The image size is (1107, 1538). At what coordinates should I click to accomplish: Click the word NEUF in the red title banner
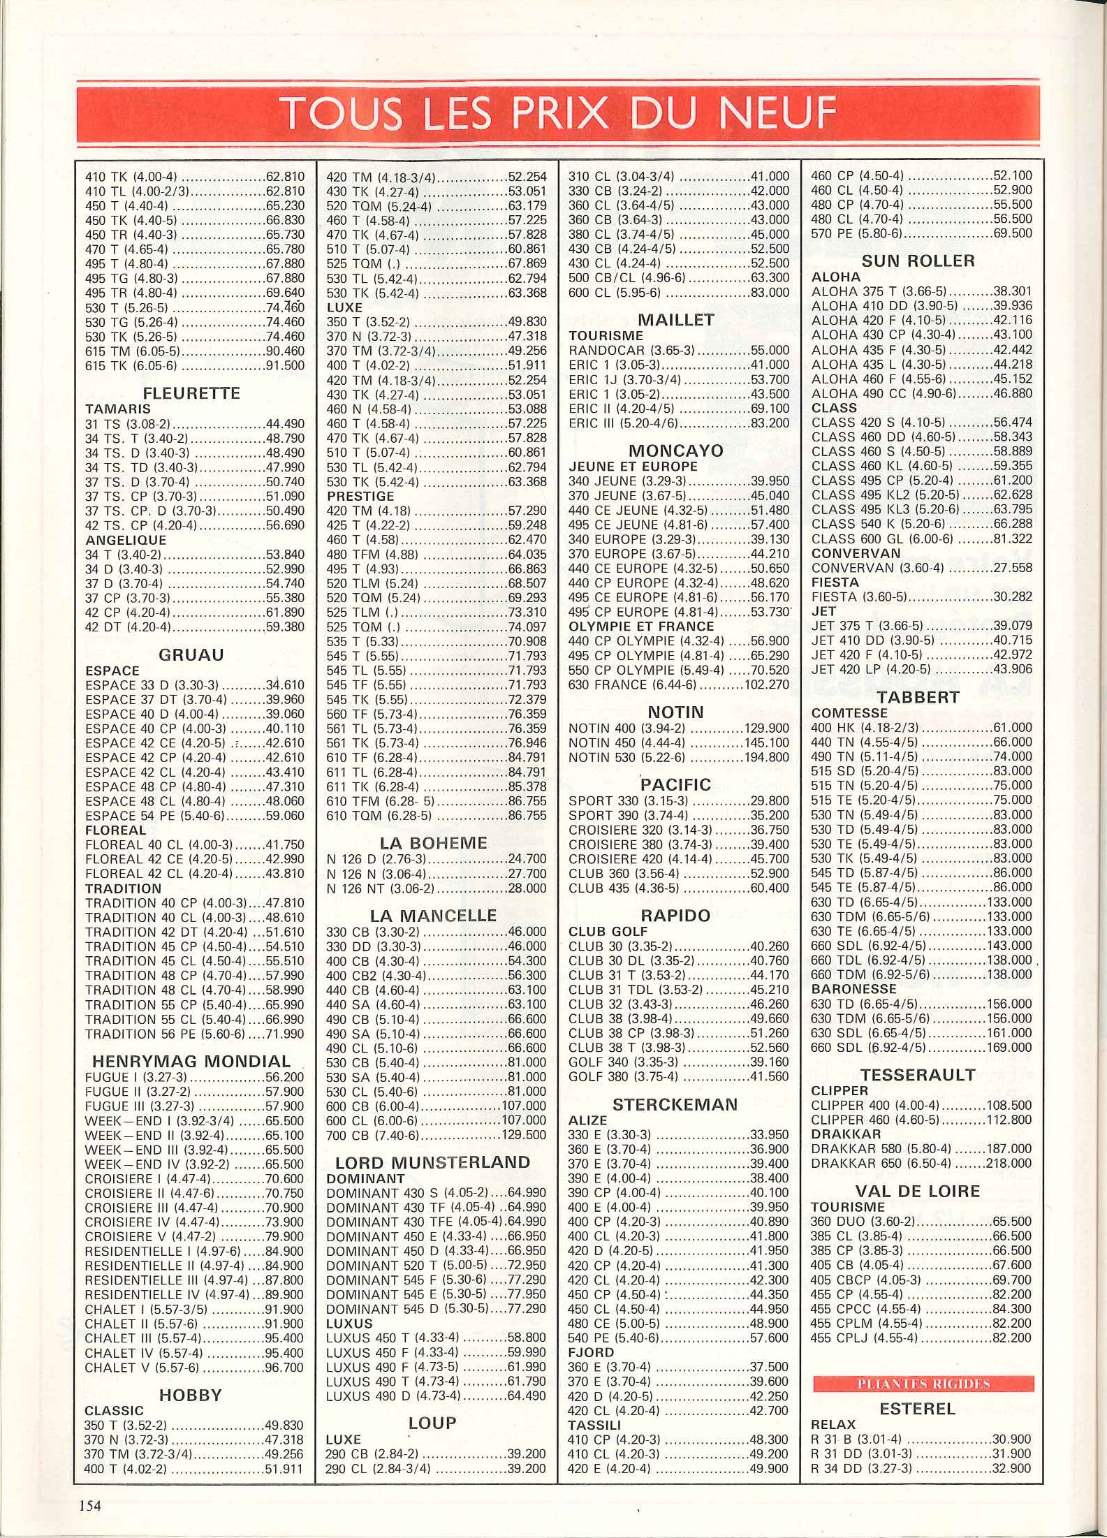776,113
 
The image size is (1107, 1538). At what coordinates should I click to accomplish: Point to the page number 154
90,1505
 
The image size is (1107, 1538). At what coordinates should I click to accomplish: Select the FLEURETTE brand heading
191,393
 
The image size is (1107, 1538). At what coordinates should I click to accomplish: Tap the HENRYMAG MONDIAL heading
191,1062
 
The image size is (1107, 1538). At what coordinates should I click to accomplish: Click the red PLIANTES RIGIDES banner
923,1384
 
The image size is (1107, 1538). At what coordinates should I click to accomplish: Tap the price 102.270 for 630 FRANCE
769,684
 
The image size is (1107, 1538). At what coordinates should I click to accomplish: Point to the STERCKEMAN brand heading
675,1104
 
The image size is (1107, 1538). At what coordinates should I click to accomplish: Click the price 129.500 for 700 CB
524,1135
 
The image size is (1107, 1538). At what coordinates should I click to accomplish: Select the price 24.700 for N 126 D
527,858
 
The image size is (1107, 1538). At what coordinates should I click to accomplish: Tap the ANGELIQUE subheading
126,540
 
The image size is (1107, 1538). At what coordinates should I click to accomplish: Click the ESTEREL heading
917,1409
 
